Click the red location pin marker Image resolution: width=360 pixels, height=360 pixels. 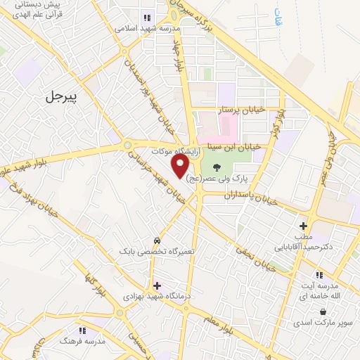pyautogui.click(x=181, y=166)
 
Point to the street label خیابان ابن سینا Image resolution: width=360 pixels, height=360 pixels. pyautogui.click(x=233, y=147)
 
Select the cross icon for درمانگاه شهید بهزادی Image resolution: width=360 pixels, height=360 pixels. pyautogui.click(x=156, y=285)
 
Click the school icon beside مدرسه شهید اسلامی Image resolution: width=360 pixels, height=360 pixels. pyautogui.click(x=147, y=18)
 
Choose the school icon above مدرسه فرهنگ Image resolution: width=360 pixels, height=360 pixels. pyautogui.click(x=82, y=330)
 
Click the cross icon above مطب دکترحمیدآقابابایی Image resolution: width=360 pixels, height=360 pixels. pyautogui.click(x=303, y=226)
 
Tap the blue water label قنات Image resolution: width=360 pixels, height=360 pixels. pyautogui.click(x=278, y=16)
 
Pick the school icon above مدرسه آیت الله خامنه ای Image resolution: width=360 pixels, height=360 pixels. pyautogui.click(x=318, y=274)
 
